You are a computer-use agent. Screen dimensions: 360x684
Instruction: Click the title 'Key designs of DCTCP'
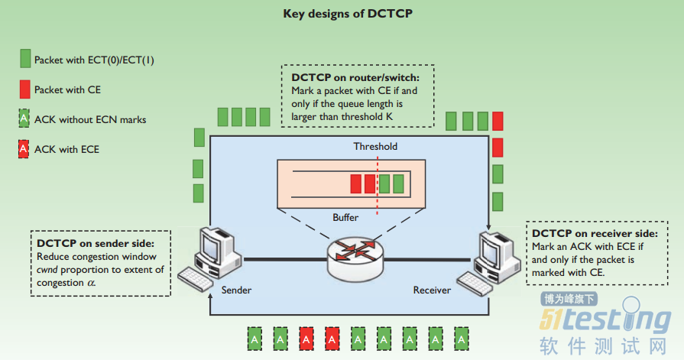(x=341, y=13)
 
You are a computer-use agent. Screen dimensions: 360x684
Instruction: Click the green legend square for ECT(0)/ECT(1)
(x=25, y=59)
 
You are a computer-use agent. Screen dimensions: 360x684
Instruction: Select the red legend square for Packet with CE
(x=25, y=89)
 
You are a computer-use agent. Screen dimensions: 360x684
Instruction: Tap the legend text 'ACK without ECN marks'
(x=90, y=119)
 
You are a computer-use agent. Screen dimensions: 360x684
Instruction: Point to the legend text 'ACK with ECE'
(x=66, y=149)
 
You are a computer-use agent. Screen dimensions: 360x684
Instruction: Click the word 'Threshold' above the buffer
(x=375, y=146)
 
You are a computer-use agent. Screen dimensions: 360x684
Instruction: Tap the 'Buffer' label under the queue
(x=345, y=217)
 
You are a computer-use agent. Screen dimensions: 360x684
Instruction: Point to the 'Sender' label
(x=236, y=290)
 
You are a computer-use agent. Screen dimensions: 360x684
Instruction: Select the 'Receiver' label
(x=432, y=290)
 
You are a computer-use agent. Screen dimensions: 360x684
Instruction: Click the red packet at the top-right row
(x=498, y=121)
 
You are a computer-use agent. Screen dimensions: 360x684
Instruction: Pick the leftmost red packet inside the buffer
(x=355, y=183)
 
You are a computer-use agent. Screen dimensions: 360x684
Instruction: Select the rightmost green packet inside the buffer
(x=397, y=183)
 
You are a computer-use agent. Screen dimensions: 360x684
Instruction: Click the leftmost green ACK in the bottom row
(x=254, y=337)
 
